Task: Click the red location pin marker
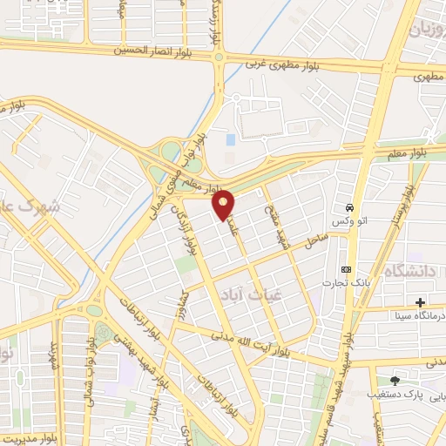225,205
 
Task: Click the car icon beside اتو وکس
348,209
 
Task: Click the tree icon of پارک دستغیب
395,380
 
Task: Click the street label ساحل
315,236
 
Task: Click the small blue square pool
230,139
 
